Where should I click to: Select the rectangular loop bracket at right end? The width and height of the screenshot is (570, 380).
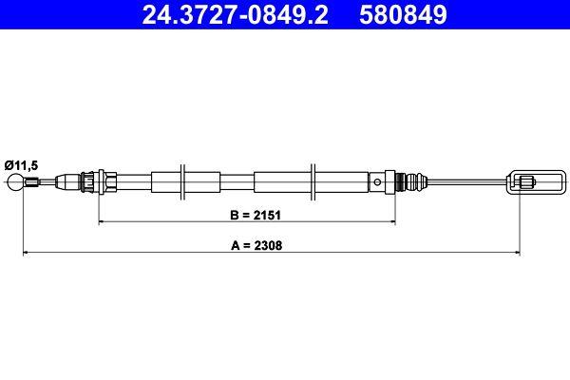(529, 180)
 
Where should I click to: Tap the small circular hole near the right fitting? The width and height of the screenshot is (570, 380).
(378, 180)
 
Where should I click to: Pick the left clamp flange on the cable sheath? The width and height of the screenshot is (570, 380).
(185, 180)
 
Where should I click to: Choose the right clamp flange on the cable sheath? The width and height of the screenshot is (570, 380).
(313, 180)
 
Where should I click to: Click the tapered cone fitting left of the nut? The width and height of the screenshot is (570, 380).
(70, 180)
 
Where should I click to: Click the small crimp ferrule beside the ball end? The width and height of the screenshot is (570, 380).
(34, 181)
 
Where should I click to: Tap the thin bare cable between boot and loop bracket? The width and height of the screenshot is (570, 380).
(465, 180)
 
